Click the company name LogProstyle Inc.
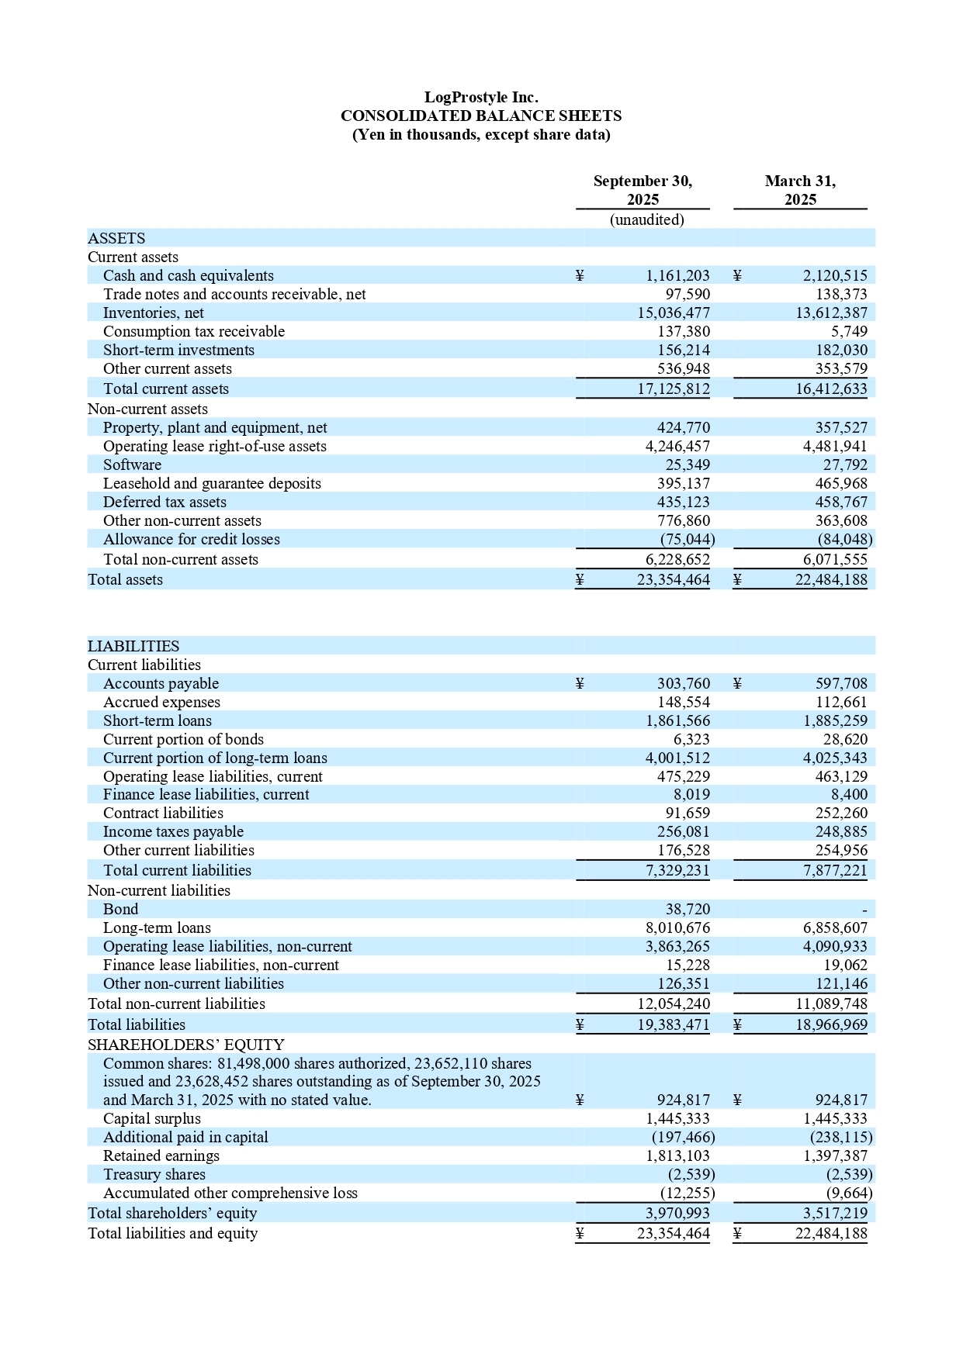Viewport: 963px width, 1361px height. pyautogui.click(x=481, y=97)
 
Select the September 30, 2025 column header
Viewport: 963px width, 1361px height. pyautogui.click(x=643, y=190)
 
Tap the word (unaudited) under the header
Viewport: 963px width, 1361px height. pyautogui.click(x=647, y=219)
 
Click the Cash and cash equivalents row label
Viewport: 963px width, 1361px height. pyautogui.click(x=189, y=275)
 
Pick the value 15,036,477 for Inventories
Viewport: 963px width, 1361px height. pyautogui.click(x=674, y=313)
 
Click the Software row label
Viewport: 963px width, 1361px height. pyautogui.click(x=133, y=465)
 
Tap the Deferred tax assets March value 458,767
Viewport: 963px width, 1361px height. pyautogui.click(x=841, y=502)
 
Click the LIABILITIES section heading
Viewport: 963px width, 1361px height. pyautogui.click(x=133, y=646)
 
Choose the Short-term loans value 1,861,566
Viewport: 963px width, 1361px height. pyautogui.click(x=677, y=720)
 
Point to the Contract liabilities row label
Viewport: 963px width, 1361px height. pyautogui.click(x=163, y=813)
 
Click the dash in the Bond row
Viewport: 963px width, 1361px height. pyautogui.click(x=864, y=910)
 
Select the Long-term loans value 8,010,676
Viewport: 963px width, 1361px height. pyautogui.click(x=677, y=927)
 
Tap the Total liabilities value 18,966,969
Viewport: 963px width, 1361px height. pyautogui.click(x=831, y=1024)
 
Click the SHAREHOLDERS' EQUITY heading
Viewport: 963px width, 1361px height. pyautogui.click(x=186, y=1045)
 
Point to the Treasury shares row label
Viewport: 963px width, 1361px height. pyautogui.click(x=154, y=1174)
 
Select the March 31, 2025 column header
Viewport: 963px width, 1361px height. pyautogui.click(x=800, y=190)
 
